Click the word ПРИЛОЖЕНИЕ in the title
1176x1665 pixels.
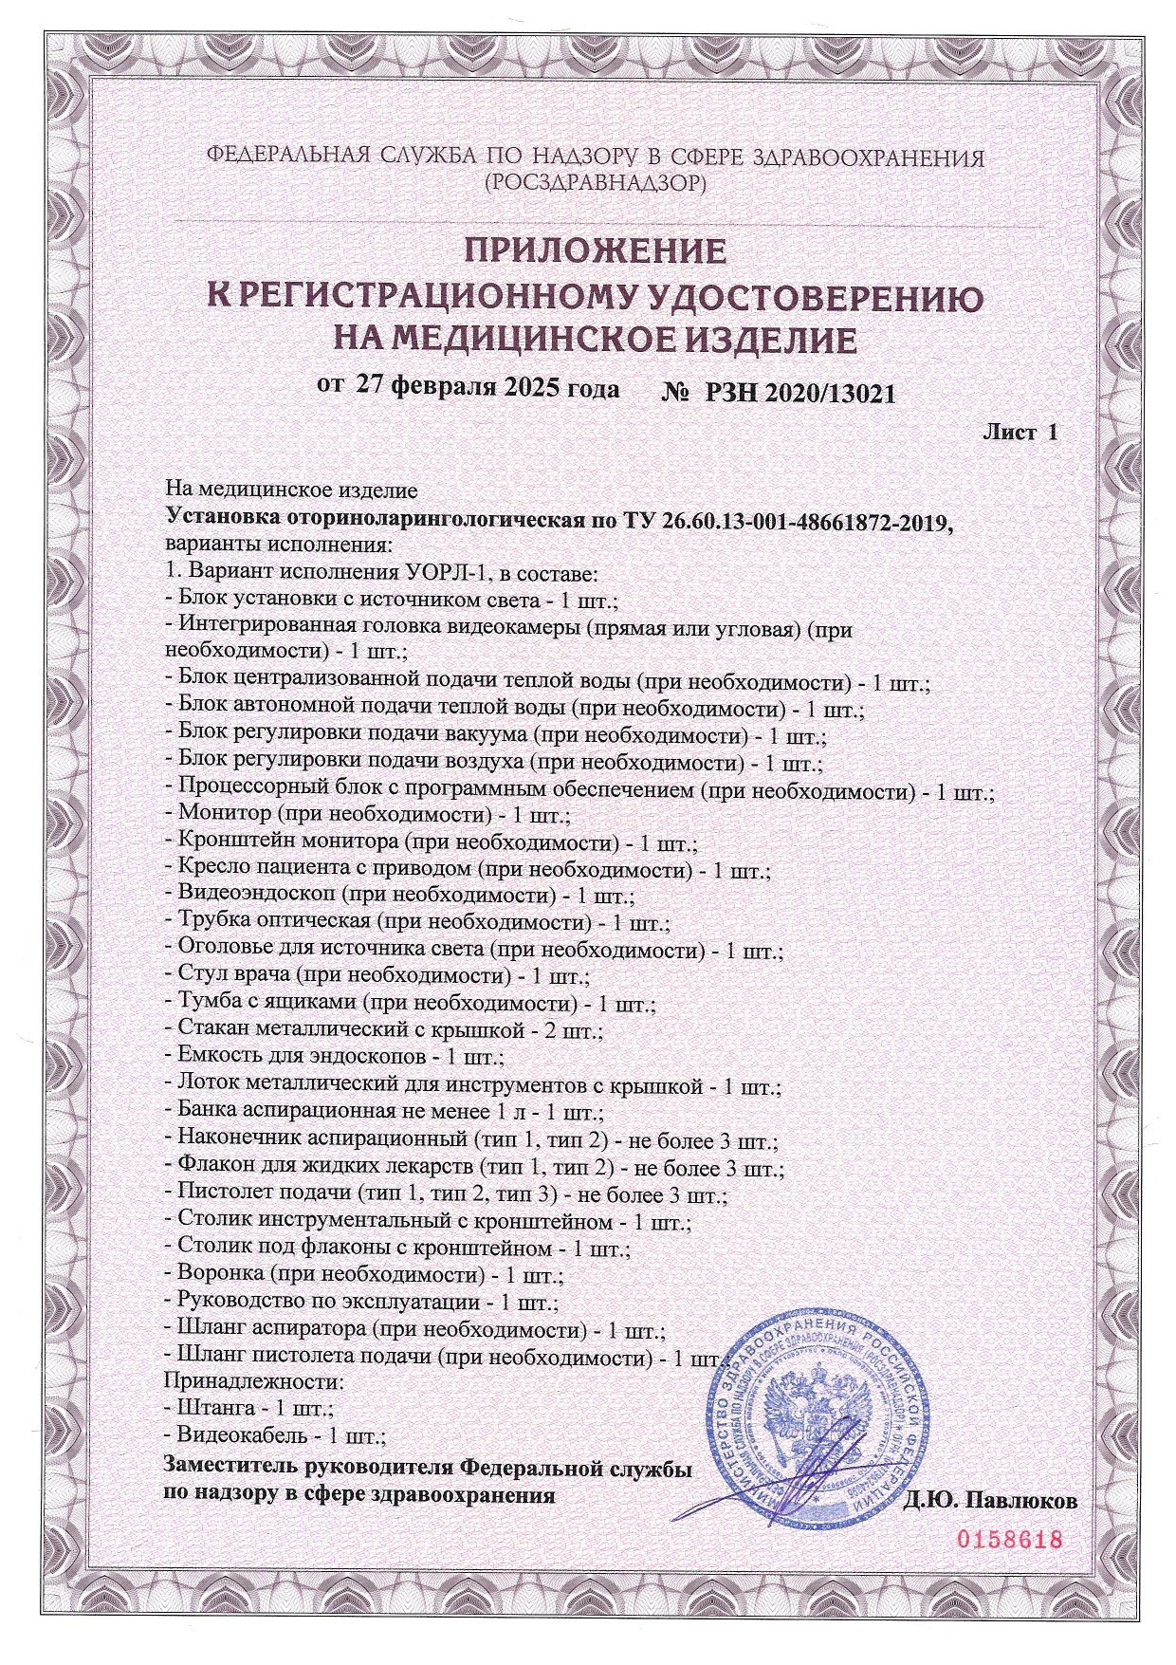coord(595,250)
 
